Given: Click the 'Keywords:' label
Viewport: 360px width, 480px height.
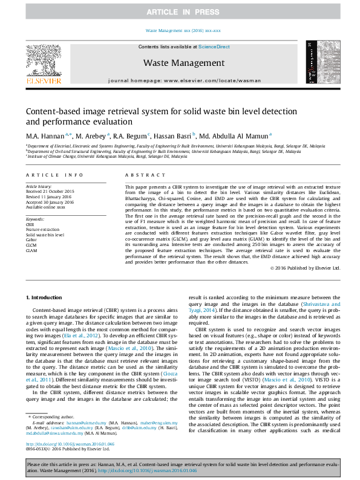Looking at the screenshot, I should point(35,218).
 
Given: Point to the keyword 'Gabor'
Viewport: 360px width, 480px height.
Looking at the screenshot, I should point(31,239).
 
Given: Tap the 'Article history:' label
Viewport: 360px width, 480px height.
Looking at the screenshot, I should point(39,187).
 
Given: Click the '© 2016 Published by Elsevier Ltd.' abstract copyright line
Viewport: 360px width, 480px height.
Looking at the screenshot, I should point(305,267).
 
